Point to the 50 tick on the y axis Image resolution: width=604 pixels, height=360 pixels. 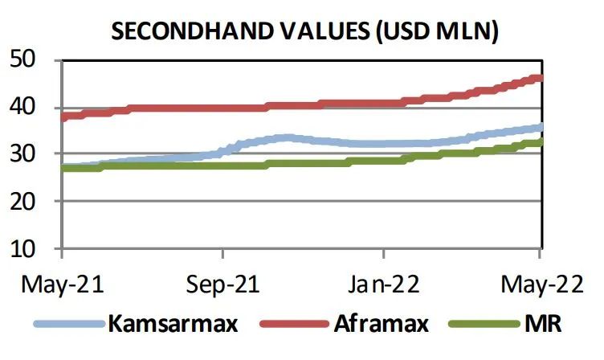pos(27,59)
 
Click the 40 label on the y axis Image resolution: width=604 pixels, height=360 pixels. pos(27,107)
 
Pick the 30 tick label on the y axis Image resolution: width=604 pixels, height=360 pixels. pos(27,154)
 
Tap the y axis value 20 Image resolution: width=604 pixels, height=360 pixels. pos(27,202)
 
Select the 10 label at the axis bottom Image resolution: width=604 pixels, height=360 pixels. pos(27,249)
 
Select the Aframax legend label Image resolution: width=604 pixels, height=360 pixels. pos(374,325)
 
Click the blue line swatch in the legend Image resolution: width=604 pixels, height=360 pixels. pos(69,325)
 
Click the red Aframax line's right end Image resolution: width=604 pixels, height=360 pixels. pos(540,78)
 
